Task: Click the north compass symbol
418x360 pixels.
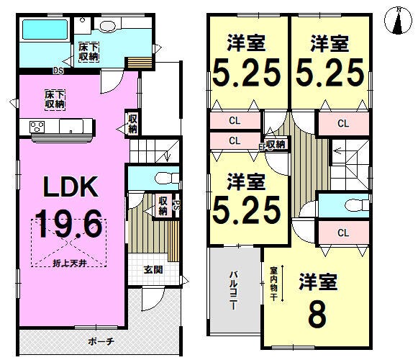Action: click(399, 21)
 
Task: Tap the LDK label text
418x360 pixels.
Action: click(71, 186)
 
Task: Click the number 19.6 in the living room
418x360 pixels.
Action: click(68, 224)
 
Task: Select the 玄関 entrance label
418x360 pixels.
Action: click(153, 269)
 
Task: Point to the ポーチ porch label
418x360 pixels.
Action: click(101, 341)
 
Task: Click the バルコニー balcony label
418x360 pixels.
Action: click(234, 290)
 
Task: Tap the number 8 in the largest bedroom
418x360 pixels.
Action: click(317, 315)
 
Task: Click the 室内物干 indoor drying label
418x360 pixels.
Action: click(274, 284)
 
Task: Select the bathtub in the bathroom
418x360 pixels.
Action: click(45, 30)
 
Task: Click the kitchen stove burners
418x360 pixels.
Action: click(37, 127)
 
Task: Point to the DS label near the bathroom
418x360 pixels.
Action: click(58, 71)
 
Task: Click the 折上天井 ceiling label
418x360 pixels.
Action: click(69, 263)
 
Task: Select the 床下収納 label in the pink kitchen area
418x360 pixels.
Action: click(55, 99)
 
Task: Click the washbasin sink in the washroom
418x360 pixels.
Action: click(108, 25)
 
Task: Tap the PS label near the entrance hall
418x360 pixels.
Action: click(176, 205)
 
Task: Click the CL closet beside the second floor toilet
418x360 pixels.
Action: click(343, 233)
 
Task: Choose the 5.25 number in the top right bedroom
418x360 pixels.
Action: click(330, 73)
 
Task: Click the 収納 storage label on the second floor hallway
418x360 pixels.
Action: click(276, 145)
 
